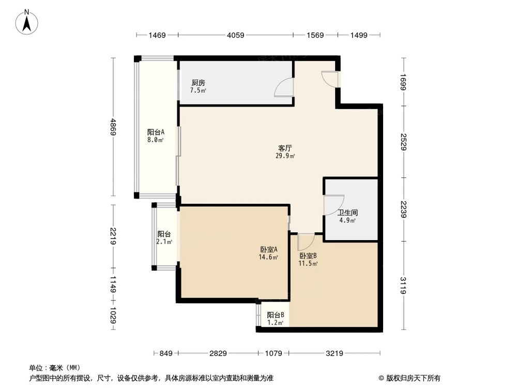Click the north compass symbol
tap(27, 21)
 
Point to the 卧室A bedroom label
tap(269, 252)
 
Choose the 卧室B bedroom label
tap(308, 259)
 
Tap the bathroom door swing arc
tap(333, 205)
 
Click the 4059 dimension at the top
tap(235, 35)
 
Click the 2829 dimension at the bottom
tap(218, 354)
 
